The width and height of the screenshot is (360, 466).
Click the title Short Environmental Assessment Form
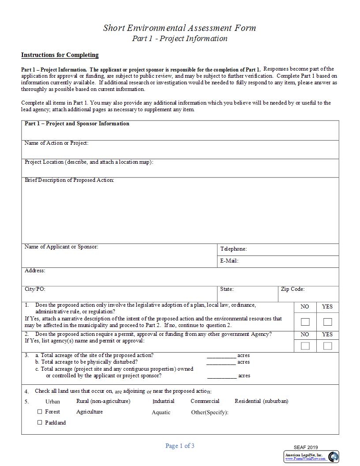[x=180, y=28]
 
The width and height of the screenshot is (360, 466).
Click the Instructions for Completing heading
[x=60, y=55]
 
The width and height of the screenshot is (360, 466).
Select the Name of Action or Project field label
[x=56, y=143]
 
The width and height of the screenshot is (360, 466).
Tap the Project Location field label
[x=89, y=162]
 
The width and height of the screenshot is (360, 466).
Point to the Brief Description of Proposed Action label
[x=69, y=180]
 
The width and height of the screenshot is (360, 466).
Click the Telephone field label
[x=233, y=249]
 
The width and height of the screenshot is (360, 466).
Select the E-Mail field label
[x=229, y=261]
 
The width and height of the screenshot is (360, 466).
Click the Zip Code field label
[x=292, y=289]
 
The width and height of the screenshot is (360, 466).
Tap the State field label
[x=227, y=289]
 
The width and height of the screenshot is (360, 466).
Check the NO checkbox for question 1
[x=305, y=322]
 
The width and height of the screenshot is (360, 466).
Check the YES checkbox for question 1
[x=327, y=322]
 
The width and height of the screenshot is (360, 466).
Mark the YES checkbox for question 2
[x=327, y=346]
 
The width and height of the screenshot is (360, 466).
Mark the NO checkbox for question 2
[x=305, y=346]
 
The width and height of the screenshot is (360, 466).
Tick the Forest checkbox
[x=40, y=412]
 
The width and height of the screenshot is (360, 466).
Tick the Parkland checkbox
[x=40, y=422]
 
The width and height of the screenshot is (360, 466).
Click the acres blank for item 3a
[x=221, y=356]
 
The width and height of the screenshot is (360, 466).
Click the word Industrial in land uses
[x=163, y=401]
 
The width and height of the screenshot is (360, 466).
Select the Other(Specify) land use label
[x=210, y=412]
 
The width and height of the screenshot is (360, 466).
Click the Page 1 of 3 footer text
[x=180, y=446]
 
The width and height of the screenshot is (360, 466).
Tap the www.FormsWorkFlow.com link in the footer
[x=305, y=459]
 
